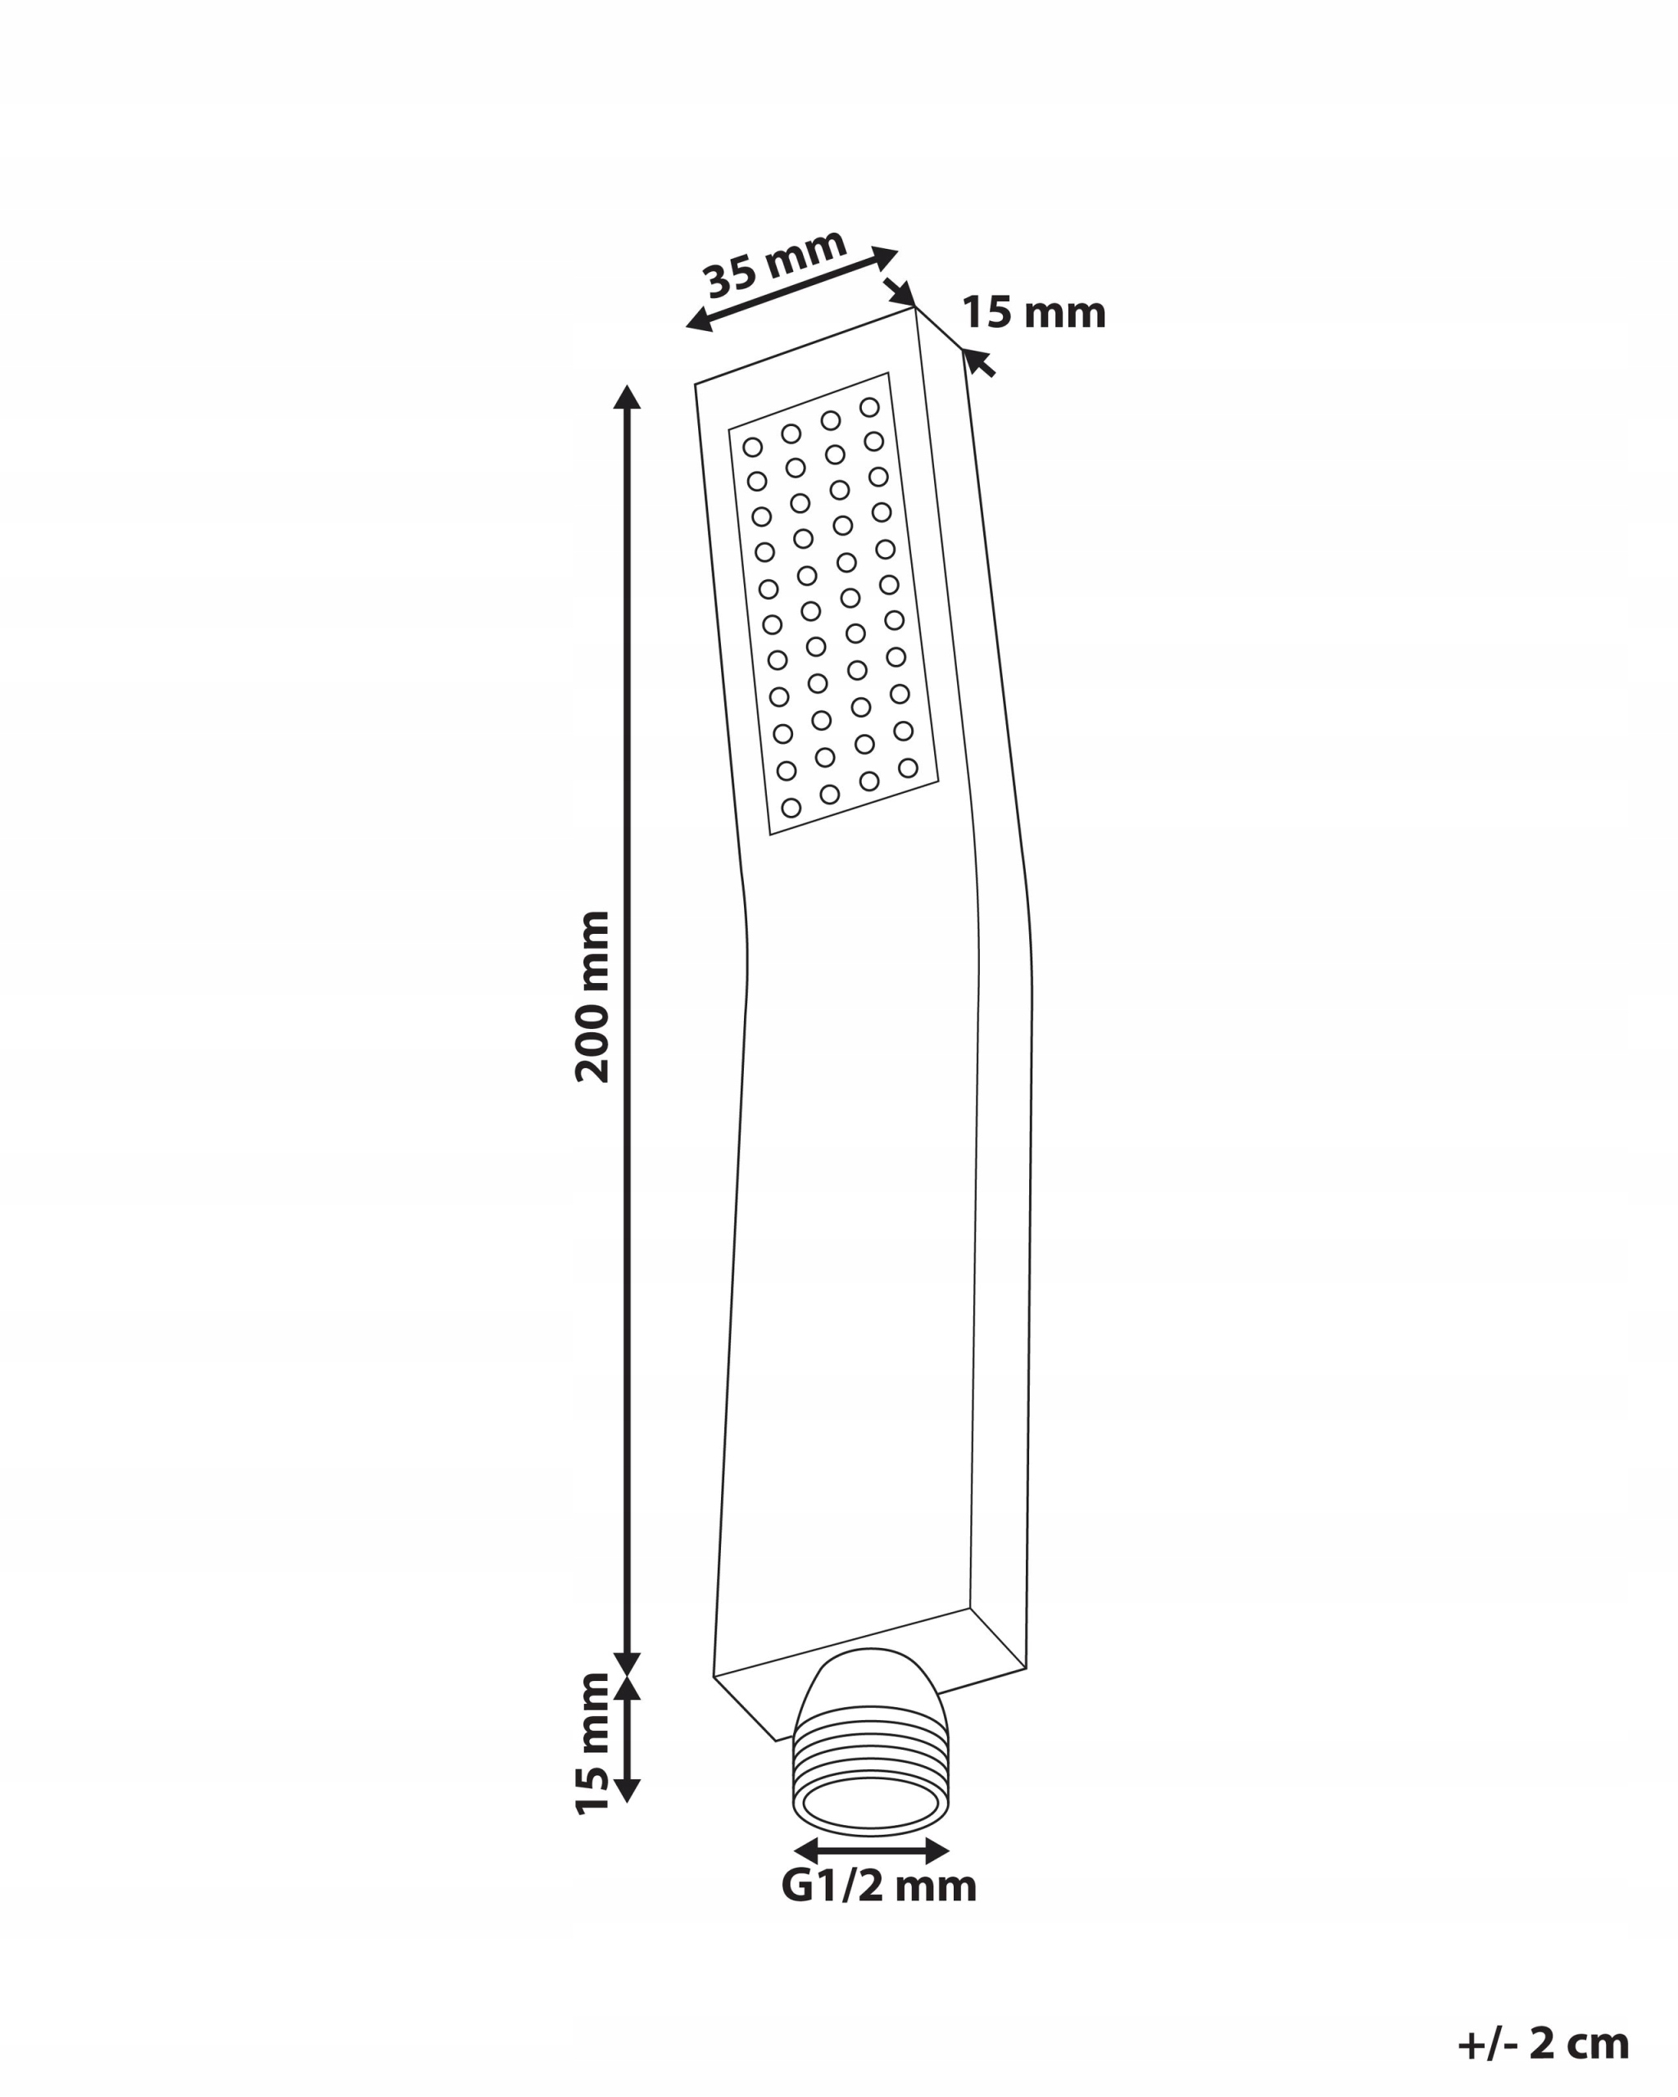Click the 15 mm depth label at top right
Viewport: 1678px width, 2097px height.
1034,313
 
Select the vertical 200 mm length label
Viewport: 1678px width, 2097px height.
592,997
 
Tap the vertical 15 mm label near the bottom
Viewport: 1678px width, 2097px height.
592,1744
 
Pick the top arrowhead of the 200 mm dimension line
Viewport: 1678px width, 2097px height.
628,396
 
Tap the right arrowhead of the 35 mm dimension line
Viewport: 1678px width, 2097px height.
884,258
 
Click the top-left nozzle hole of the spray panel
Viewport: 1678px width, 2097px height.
752,447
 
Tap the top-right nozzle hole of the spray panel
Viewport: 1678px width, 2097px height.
869,406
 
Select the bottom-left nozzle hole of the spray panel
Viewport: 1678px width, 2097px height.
791,808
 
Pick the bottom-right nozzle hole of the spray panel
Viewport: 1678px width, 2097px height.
908,768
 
